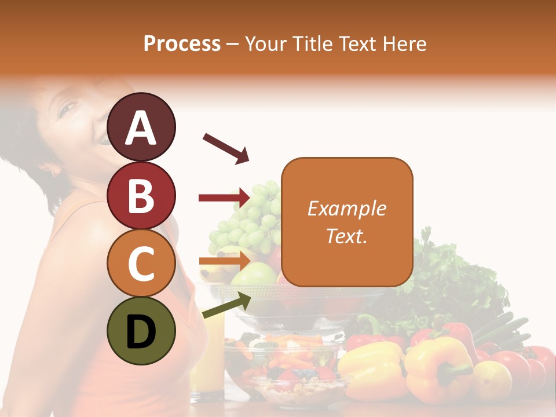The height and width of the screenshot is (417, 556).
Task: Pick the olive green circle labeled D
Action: click(141, 331)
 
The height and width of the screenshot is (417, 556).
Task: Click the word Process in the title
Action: click(182, 43)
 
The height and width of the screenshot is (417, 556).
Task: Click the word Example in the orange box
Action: click(346, 209)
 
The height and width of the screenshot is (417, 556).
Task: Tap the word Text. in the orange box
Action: click(346, 236)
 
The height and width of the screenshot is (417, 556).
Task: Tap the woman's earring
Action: click(56, 172)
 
